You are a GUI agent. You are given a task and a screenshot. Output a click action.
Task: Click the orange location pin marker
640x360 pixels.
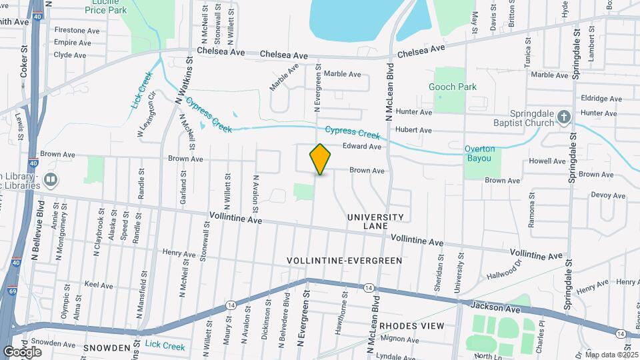320,159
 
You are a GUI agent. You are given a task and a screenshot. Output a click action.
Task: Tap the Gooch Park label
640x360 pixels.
453,87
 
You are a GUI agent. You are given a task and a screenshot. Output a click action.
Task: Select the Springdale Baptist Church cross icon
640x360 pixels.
564,118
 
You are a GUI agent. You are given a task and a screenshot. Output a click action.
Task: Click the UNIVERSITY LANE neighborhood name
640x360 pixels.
375,221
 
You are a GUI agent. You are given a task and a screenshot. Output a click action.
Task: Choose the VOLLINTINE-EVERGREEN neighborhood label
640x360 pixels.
344,260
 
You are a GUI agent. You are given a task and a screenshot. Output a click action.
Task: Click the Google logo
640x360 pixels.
22,351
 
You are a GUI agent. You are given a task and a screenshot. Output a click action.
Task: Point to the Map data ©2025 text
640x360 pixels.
611,355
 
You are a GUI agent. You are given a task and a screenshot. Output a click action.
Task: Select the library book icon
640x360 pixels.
51,180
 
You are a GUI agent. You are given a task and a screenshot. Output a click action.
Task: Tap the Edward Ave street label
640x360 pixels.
361,147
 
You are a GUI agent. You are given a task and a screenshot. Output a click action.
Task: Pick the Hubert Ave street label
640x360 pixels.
413,130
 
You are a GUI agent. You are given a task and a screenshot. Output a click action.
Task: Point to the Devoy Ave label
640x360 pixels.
608,195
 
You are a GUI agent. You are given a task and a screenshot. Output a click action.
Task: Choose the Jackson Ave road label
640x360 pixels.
494,307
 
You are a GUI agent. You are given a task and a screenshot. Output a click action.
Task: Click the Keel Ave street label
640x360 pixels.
99,285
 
